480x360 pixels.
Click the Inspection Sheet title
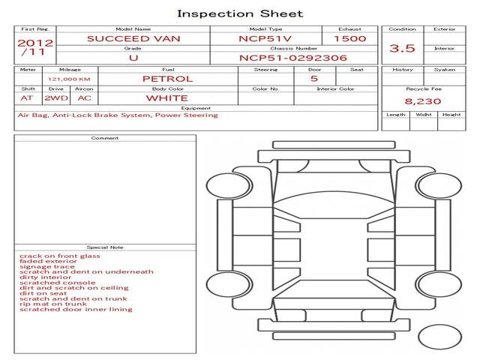[x=240, y=13]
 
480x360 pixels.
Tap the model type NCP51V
[x=266, y=38]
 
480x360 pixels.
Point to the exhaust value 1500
[x=349, y=38]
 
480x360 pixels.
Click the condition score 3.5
[x=403, y=49]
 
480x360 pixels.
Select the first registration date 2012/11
[x=34, y=47]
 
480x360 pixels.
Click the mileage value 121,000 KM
[x=70, y=79]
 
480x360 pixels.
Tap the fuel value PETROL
[x=167, y=79]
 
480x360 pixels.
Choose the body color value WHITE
[x=167, y=98]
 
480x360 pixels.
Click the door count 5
[x=313, y=79]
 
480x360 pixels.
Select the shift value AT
[x=27, y=98]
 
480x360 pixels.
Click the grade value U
[x=133, y=58]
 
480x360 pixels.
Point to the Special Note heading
[x=105, y=247]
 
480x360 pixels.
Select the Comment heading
[x=105, y=138]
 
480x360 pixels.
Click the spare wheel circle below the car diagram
[x=440, y=337]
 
